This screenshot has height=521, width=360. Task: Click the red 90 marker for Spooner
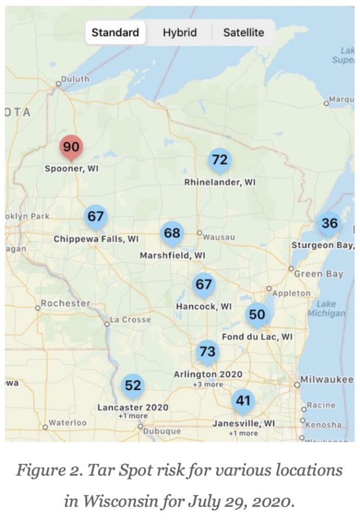coord(71,148)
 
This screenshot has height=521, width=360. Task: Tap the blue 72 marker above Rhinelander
coord(220,160)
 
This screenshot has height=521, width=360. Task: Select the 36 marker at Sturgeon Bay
coord(329,223)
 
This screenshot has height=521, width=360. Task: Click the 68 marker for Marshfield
coord(172,233)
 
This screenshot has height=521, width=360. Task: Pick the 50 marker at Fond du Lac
coord(257,314)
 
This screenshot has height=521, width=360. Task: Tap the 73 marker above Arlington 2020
coord(207,352)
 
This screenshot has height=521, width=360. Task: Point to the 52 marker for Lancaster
coord(133,386)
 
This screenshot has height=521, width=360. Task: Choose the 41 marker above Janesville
coord(243,400)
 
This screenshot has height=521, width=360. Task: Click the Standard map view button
coord(115,33)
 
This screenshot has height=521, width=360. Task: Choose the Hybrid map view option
coord(179,33)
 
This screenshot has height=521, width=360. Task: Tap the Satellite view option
coord(244,33)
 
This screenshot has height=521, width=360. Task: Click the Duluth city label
coord(75,79)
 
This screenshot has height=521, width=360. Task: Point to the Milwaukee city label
coord(326,380)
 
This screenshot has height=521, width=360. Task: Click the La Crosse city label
coord(131,320)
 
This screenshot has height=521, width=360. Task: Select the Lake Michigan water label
coord(326,308)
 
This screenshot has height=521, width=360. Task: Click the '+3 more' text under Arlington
coord(208,385)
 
